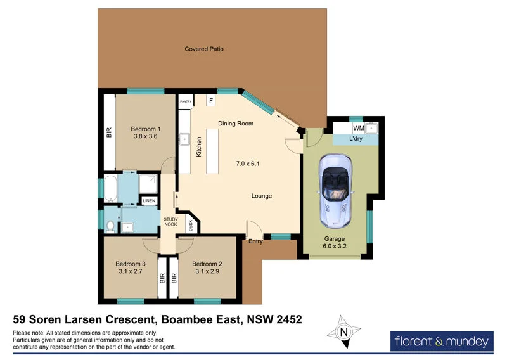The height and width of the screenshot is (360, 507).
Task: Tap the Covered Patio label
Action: click(x=204, y=49)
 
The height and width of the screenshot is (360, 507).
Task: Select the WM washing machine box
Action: click(x=358, y=127)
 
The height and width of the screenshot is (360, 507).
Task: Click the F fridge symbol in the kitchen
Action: click(x=211, y=101)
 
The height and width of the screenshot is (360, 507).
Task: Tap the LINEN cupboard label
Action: click(x=149, y=201)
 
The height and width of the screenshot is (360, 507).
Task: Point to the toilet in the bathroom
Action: click(x=110, y=224)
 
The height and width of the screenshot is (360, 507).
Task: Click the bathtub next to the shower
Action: click(x=110, y=188)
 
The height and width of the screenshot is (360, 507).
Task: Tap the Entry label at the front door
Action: click(x=255, y=241)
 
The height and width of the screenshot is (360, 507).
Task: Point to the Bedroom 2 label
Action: click(x=207, y=264)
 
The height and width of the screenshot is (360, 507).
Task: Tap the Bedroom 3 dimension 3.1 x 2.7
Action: click(x=131, y=272)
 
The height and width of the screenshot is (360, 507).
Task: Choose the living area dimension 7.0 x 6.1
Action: click(x=247, y=163)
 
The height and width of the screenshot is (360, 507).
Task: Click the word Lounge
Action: click(x=261, y=196)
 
